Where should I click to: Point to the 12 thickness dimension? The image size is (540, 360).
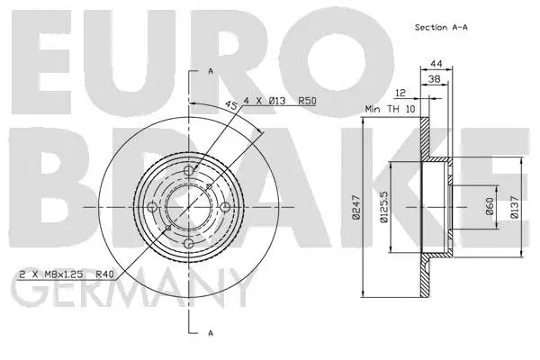point(400,93)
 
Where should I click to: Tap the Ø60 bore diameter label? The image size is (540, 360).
point(490,207)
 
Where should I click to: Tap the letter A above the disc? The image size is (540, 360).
point(211,70)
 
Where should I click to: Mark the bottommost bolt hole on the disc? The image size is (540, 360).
point(188,244)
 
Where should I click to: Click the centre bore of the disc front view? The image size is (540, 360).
point(187,205)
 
